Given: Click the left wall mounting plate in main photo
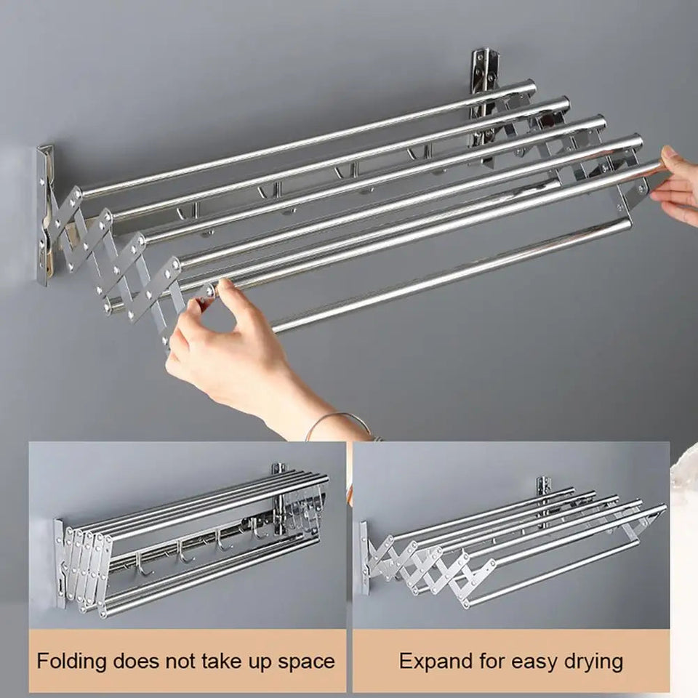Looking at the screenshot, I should tap(45, 214).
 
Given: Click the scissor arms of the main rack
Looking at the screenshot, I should tap(116, 254).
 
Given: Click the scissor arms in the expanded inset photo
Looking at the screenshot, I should tap(422, 567).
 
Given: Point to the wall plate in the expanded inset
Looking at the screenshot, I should tap(361, 556).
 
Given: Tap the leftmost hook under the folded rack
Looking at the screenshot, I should tap(143, 564).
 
